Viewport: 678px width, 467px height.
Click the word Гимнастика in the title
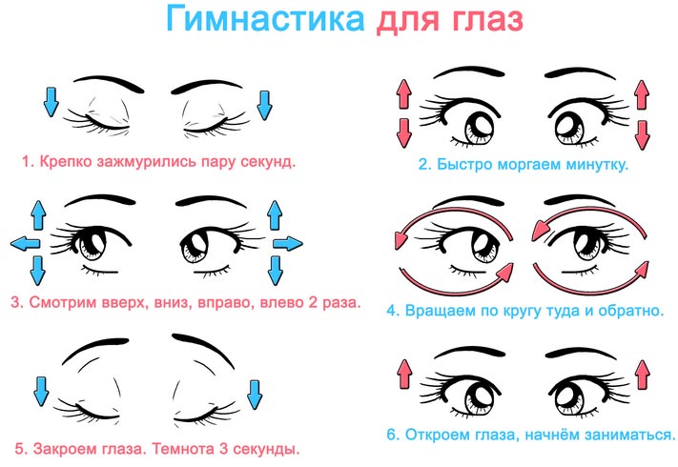[265, 19]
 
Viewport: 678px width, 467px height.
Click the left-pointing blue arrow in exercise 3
[25, 243]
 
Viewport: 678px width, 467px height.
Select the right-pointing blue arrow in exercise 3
[288, 244]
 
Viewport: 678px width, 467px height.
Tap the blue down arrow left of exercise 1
[51, 102]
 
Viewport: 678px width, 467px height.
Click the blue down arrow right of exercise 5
[255, 395]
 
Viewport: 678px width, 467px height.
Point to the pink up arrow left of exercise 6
[404, 374]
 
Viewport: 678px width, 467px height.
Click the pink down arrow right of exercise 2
[642, 135]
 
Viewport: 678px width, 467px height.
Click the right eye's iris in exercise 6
[569, 397]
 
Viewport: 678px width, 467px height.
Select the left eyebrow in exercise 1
[108, 84]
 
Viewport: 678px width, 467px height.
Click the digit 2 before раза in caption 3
[313, 302]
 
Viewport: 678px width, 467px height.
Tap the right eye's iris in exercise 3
[195, 246]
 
